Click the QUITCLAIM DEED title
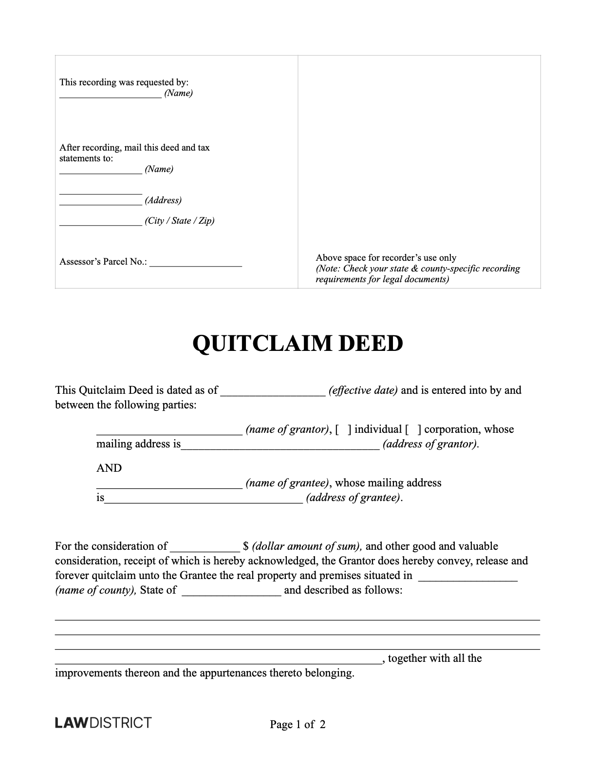(298, 344)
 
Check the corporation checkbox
(413, 429)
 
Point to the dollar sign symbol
(246, 546)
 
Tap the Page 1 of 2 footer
(298, 724)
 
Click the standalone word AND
(109, 468)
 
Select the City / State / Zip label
(180, 221)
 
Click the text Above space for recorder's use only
(386, 258)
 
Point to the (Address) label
(163, 200)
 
